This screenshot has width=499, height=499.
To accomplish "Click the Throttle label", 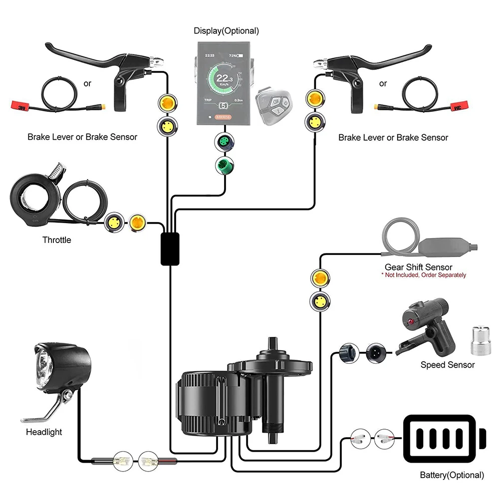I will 56,240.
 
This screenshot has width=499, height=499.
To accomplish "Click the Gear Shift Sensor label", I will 418,267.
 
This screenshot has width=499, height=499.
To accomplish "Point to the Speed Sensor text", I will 448,365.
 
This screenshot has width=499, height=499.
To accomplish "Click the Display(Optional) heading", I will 226,31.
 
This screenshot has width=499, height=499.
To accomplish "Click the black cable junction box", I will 170,248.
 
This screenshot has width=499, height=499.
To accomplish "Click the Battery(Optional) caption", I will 452,475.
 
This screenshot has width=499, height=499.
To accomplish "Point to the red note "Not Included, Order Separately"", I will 424,275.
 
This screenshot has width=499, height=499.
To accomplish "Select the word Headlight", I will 44,432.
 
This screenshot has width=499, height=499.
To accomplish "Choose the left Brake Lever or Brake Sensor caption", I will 82,137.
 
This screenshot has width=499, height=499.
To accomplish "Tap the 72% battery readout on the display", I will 233,56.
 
